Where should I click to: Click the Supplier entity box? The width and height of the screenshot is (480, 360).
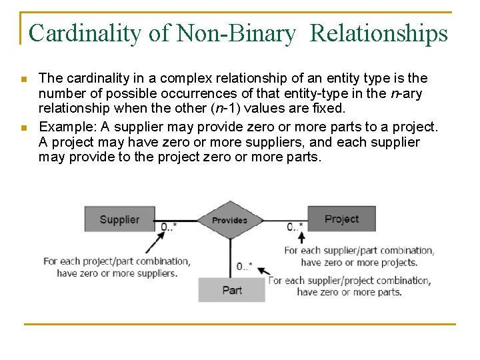(x=119, y=219)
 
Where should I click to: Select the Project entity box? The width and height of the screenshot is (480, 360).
(x=341, y=219)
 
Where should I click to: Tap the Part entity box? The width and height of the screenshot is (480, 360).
(x=231, y=290)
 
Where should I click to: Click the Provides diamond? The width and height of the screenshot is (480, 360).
(x=229, y=220)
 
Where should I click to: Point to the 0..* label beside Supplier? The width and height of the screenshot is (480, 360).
(x=169, y=227)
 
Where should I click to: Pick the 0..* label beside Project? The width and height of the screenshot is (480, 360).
(x=295, y=227)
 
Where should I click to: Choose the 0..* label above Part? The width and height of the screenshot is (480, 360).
(x=244, y=267)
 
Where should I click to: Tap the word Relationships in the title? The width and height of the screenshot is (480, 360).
(x=379, y=33)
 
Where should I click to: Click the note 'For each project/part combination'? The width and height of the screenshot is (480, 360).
(x=117, y=261)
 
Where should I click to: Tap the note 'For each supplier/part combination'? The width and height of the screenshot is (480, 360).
(x=359, y=251)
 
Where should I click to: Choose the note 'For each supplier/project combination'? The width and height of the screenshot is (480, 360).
(x=349, y=281)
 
